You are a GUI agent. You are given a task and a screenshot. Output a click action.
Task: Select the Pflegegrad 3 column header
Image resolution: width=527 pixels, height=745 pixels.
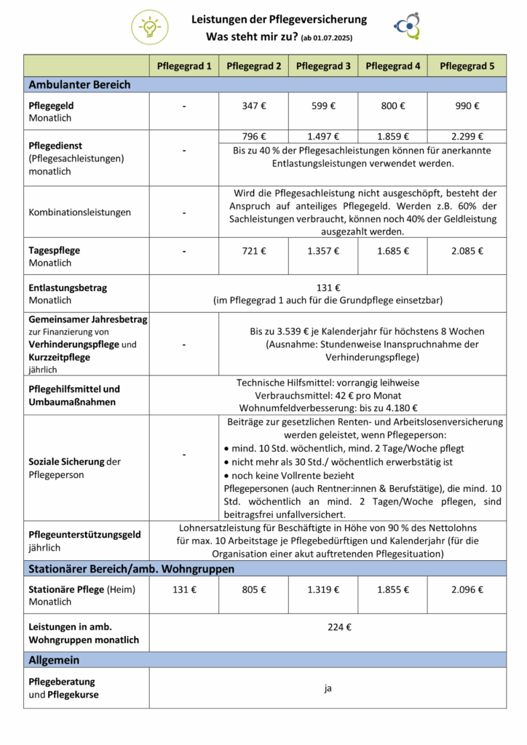click(323, 66)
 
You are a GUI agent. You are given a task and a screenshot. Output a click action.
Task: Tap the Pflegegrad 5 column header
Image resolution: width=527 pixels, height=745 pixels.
click(467, 66)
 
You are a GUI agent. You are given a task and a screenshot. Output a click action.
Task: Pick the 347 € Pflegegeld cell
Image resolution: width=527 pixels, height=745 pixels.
click(253, 105)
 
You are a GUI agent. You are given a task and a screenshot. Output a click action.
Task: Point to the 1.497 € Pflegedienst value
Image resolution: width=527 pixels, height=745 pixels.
click(323, 136)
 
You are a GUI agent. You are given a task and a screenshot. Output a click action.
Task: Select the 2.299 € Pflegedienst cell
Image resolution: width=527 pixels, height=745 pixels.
click(467, 136)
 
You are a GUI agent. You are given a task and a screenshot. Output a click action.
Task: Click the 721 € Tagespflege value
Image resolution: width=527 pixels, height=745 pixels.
click(253, 251)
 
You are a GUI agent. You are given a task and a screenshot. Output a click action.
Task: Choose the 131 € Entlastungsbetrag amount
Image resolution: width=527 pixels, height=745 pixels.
click(328, 287)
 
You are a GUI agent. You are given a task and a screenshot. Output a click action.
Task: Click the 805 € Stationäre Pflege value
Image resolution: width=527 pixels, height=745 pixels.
click(253, 589)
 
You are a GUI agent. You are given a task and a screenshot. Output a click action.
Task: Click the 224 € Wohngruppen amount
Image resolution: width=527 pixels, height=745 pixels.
click(328, 627)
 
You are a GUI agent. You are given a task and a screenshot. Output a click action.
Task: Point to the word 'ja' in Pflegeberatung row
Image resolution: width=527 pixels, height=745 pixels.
click(328, 688)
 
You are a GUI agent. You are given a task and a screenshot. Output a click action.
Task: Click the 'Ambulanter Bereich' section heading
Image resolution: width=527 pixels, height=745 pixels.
click(79, 84)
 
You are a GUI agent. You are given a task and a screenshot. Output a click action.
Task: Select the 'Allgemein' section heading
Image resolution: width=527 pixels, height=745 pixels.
click(54, 660)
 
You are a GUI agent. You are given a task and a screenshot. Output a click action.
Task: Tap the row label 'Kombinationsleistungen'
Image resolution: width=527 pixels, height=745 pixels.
click(80, 212)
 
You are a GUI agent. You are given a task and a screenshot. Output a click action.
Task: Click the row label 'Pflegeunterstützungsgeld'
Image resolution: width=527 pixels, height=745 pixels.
click(84, 535)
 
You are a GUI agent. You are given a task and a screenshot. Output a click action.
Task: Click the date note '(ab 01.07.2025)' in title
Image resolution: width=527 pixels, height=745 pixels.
click(331, 37)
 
